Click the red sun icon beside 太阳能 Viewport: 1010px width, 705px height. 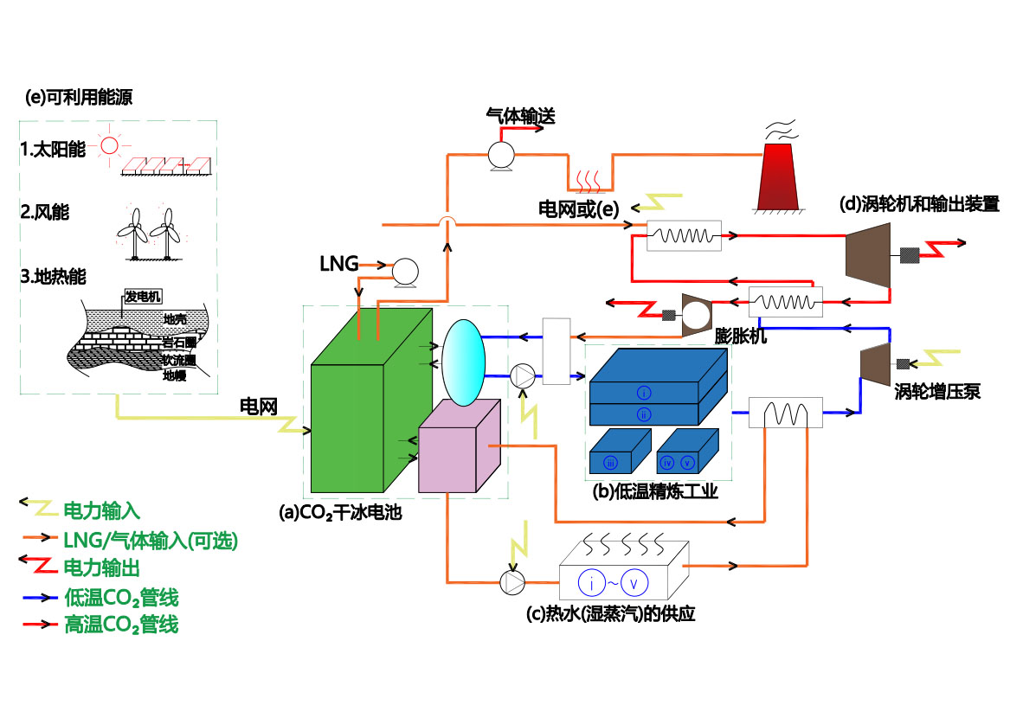click(x=110, y=145)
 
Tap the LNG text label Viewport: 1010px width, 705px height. click(x=338, y=264)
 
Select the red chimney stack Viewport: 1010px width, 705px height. click(x=778, y=176)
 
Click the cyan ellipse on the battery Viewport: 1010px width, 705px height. click(x=463, y=362)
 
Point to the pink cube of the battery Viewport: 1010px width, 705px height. click(x=460, y=446)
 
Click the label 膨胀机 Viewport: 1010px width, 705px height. click(x=740, y=336)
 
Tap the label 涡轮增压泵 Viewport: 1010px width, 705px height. click(x=937, y=392)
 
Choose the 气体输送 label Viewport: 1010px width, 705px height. click(x=520, y=117)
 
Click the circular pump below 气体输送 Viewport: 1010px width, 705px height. click(x=501, y=155)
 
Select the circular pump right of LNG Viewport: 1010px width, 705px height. click(x=405, y=272)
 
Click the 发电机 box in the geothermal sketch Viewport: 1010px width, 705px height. click(x=142, y=296)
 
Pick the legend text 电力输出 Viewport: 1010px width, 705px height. click(x=102, y=567)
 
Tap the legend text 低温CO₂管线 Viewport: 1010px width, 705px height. click(x=121, y=598)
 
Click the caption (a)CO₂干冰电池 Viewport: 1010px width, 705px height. click(x=340, y=513)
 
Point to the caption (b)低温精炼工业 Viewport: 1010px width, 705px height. click(x=655, y=492)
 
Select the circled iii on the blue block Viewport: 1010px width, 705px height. click(x=610, y=462)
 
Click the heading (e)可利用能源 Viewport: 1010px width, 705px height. click(x=79, y=97)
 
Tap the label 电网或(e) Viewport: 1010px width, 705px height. click(x=578, y=209)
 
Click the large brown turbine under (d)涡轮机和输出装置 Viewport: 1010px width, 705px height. click(x=868, y=256)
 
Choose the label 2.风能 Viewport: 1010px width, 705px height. click(x=44, y=213)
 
